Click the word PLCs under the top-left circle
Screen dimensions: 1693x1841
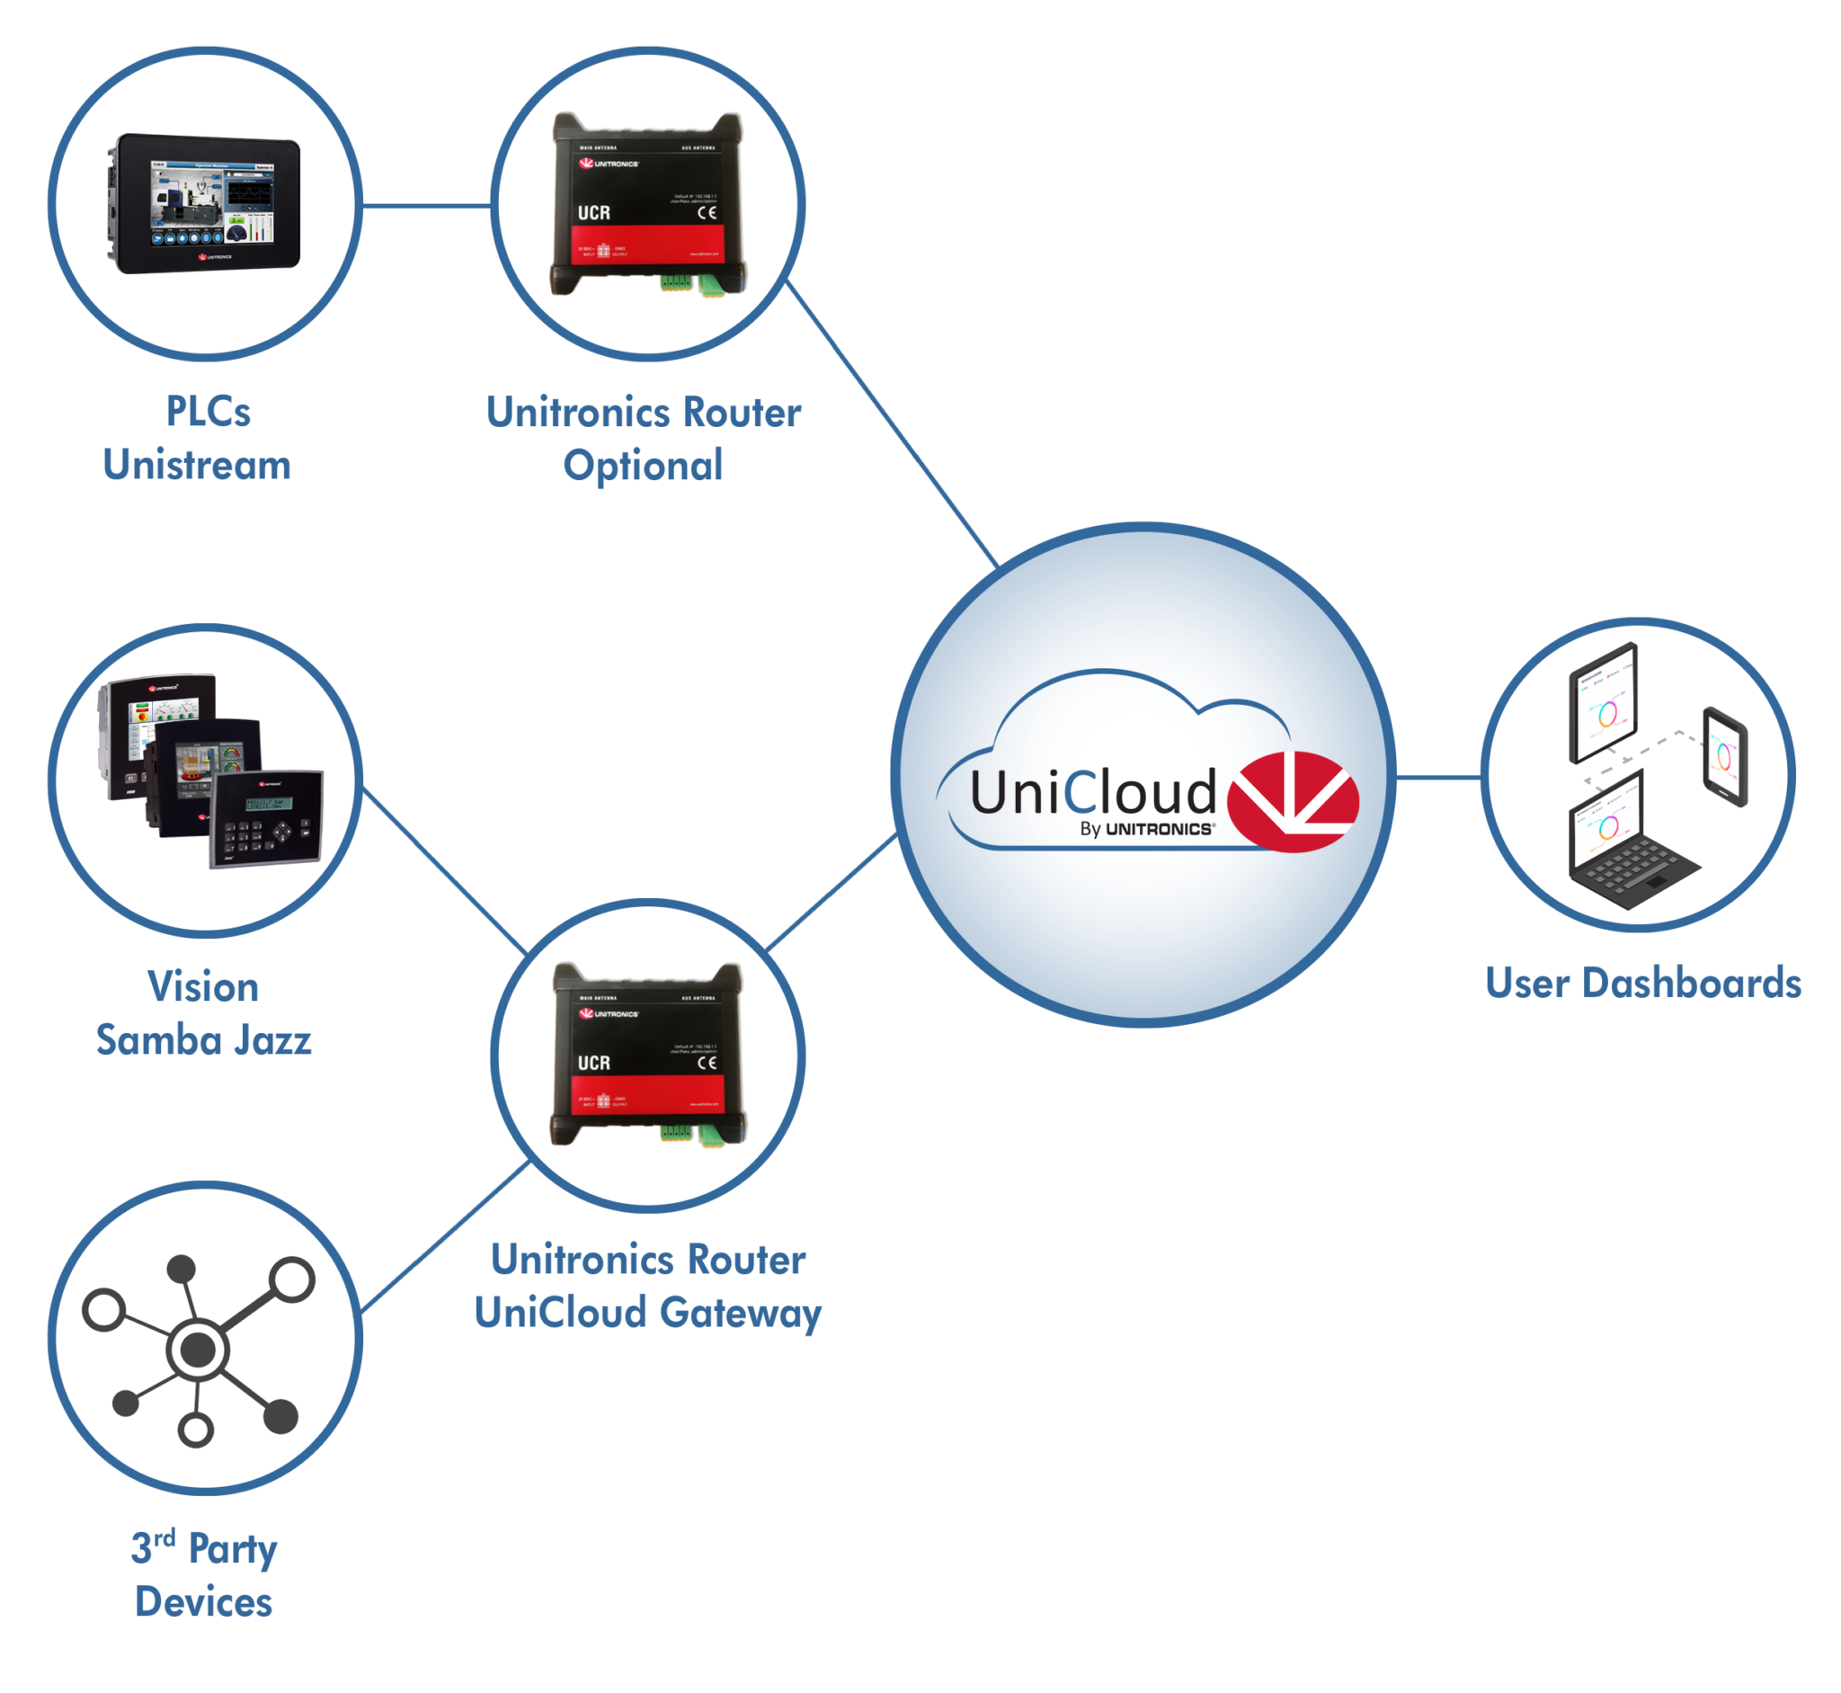pyautogui.click(x=208, y=412)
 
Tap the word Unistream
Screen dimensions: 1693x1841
pyautogui.click(x=197, y=465)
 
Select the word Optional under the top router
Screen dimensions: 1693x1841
pyautogui.click(x=643, y=466)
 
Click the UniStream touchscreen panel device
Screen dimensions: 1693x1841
pyautogui.click(x=208, y=202)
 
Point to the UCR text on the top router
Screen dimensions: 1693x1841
pyautogui.click(x=593, y=212)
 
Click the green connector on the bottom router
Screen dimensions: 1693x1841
pyautogui.click(x=710, y=1134)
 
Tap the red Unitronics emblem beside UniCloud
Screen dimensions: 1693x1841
pyautogui.click(x=1292, y=797)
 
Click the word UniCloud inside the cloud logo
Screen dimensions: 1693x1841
pyautogui.click(x=1092, y=792)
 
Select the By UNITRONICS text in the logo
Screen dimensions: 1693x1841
pyautogui.click(x=1147, y=829)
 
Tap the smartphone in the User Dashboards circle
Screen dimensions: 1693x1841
pyautogui.click(x=1725, y=757)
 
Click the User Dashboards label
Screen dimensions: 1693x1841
pyautogui.click(x=1643, y=983)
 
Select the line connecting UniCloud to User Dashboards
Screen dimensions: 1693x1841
pyautogui.click(x=1437, y=778)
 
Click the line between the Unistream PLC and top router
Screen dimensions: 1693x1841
pyautogui.click(x=427, y=205)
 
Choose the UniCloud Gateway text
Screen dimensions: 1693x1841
pyautogui.click(x=647, y=1312)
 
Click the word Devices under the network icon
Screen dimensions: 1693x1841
pyautogui.click(x=203, y=1602)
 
